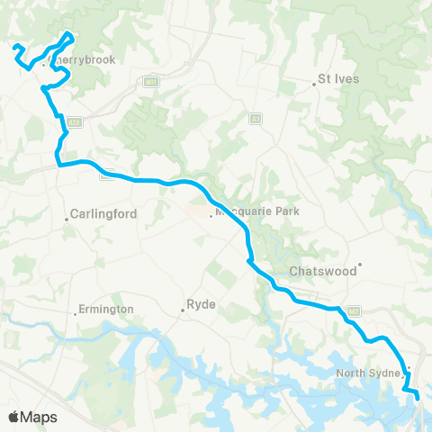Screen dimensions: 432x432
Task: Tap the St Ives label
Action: (340, 78)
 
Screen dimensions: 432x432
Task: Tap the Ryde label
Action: (200, 304)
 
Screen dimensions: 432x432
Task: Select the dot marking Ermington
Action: (75, 313)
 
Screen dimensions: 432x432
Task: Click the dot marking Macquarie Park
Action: (211, 214)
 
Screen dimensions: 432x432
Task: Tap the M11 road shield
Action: (151, 83)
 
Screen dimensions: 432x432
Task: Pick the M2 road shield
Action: (105, 175)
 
